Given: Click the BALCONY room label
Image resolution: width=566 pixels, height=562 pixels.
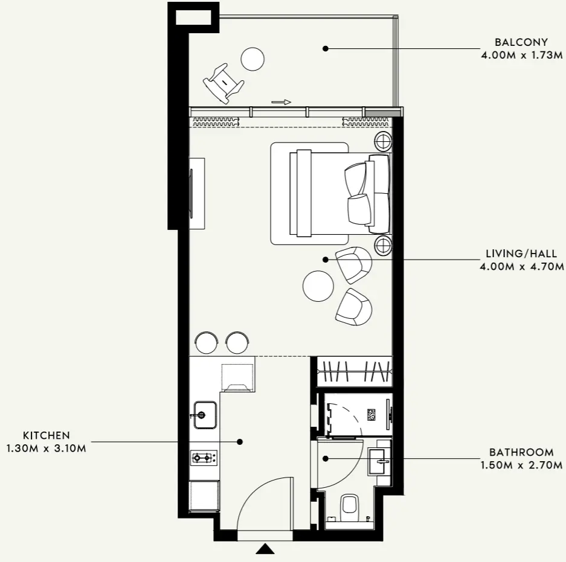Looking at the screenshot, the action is coord(521,42).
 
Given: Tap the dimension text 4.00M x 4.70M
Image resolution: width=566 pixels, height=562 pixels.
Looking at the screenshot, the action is coord(521,267).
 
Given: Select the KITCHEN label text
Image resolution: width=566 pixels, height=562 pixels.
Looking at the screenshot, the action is coord(46,435).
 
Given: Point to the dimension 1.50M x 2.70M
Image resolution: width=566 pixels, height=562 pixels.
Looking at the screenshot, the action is coord(521,465).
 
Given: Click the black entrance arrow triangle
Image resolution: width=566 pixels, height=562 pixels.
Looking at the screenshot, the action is coord(265,549).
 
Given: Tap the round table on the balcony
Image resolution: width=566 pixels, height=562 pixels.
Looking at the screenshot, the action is coord(252,59).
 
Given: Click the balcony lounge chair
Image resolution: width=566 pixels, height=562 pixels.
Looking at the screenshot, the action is coord(223,83).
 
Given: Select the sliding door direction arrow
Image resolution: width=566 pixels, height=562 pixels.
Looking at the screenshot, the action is coord(281,102).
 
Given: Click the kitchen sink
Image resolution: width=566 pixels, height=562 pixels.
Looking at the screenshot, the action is coord(205,415).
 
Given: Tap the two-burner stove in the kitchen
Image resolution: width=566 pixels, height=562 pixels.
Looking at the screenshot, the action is coord(204,458).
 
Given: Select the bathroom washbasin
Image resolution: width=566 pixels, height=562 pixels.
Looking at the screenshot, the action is coord(379,461).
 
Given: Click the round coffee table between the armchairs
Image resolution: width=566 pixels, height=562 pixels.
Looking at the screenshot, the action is coord(318,286).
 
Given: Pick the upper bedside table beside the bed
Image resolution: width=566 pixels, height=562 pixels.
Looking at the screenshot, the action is coord(383,141).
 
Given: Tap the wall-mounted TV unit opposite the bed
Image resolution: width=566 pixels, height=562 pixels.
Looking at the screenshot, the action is coord(197,193).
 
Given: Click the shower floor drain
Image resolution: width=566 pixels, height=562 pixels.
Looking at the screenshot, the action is coord(371,415).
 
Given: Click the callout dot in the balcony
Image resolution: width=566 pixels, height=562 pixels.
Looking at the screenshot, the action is coord(325,48).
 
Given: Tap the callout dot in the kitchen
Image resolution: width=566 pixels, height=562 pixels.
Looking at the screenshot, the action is coord(239,441).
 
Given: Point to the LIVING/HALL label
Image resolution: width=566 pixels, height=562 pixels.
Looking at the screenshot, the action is coord(521,254).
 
